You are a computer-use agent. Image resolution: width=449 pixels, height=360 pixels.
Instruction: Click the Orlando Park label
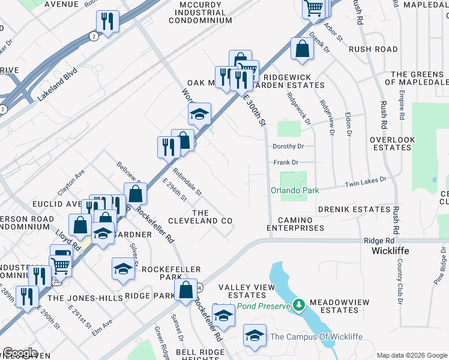click(293, 191)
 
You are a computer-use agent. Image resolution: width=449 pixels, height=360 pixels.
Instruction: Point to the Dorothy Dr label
click(289, 146)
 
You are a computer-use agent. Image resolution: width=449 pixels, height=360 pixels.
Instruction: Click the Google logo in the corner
click(20, 352)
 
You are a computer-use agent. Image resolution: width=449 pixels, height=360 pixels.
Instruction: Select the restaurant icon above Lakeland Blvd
click(107, 22)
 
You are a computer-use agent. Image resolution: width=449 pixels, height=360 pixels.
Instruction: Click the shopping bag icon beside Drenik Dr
click(302, 49)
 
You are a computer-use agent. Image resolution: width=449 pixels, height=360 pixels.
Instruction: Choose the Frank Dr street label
click(286, 163)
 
